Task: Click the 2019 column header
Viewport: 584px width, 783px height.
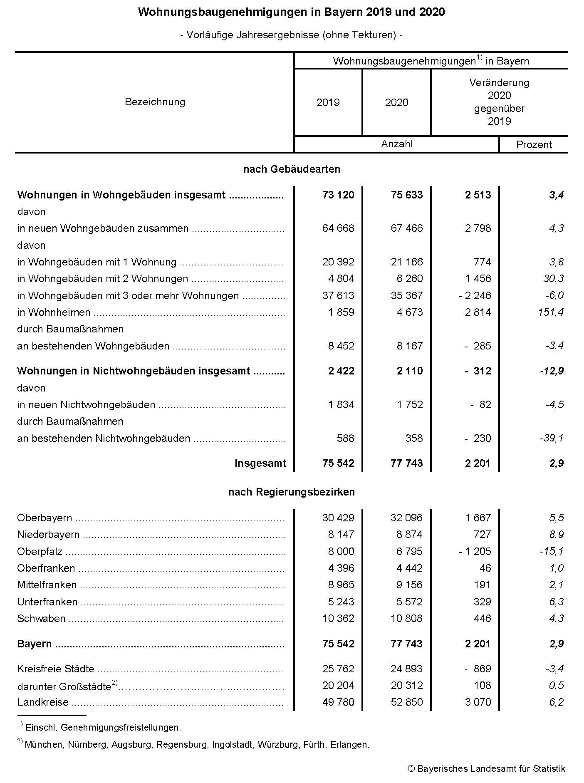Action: coord(328,102)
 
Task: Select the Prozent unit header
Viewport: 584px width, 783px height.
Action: coord(534,145)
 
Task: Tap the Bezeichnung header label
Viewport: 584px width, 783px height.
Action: coord(155,102)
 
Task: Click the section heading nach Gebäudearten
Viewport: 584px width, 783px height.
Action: coord(292,169)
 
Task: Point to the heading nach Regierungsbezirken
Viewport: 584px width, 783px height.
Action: coord(292,492)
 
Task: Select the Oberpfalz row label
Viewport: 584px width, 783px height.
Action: coord(40,552)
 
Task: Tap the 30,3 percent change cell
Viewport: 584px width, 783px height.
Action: coord(553,278)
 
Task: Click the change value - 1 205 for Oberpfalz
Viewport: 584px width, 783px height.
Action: coord(475,551)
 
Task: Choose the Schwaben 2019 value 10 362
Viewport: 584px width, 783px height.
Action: coord(338,618)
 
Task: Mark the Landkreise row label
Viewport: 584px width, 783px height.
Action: coord(43,702)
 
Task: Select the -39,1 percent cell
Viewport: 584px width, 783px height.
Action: coord(552,438)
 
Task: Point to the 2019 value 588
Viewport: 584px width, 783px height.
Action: coord(345,438)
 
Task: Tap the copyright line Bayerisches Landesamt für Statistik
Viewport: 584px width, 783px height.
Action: coord(486,769)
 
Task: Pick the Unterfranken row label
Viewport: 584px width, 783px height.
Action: coord(47,602)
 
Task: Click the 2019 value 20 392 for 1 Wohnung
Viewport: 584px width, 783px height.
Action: coord(338,262)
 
